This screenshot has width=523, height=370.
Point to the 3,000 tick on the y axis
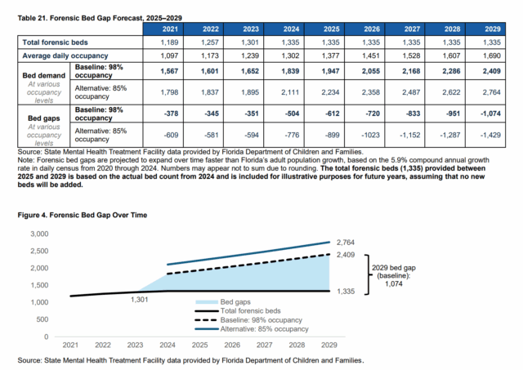38,234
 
